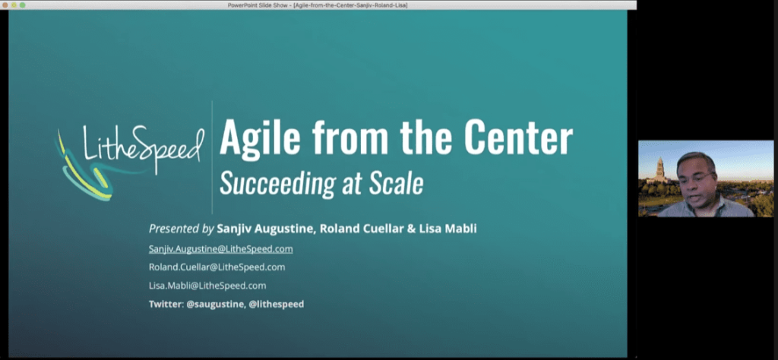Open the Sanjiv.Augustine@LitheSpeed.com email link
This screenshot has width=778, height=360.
[220, 248]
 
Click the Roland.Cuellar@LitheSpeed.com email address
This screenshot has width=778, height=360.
[217, 267]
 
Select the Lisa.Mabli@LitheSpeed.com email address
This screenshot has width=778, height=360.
[207, 286]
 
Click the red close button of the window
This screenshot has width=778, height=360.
[5, 5]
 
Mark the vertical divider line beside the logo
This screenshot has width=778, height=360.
[212, 156]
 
